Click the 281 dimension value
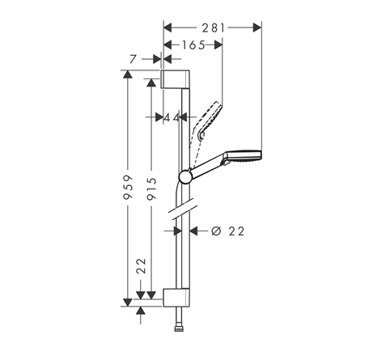[x=213, y=27]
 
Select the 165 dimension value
[x=192, y=45]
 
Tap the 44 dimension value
[x=171, y=117]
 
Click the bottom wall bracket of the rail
[x=176, y=295]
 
